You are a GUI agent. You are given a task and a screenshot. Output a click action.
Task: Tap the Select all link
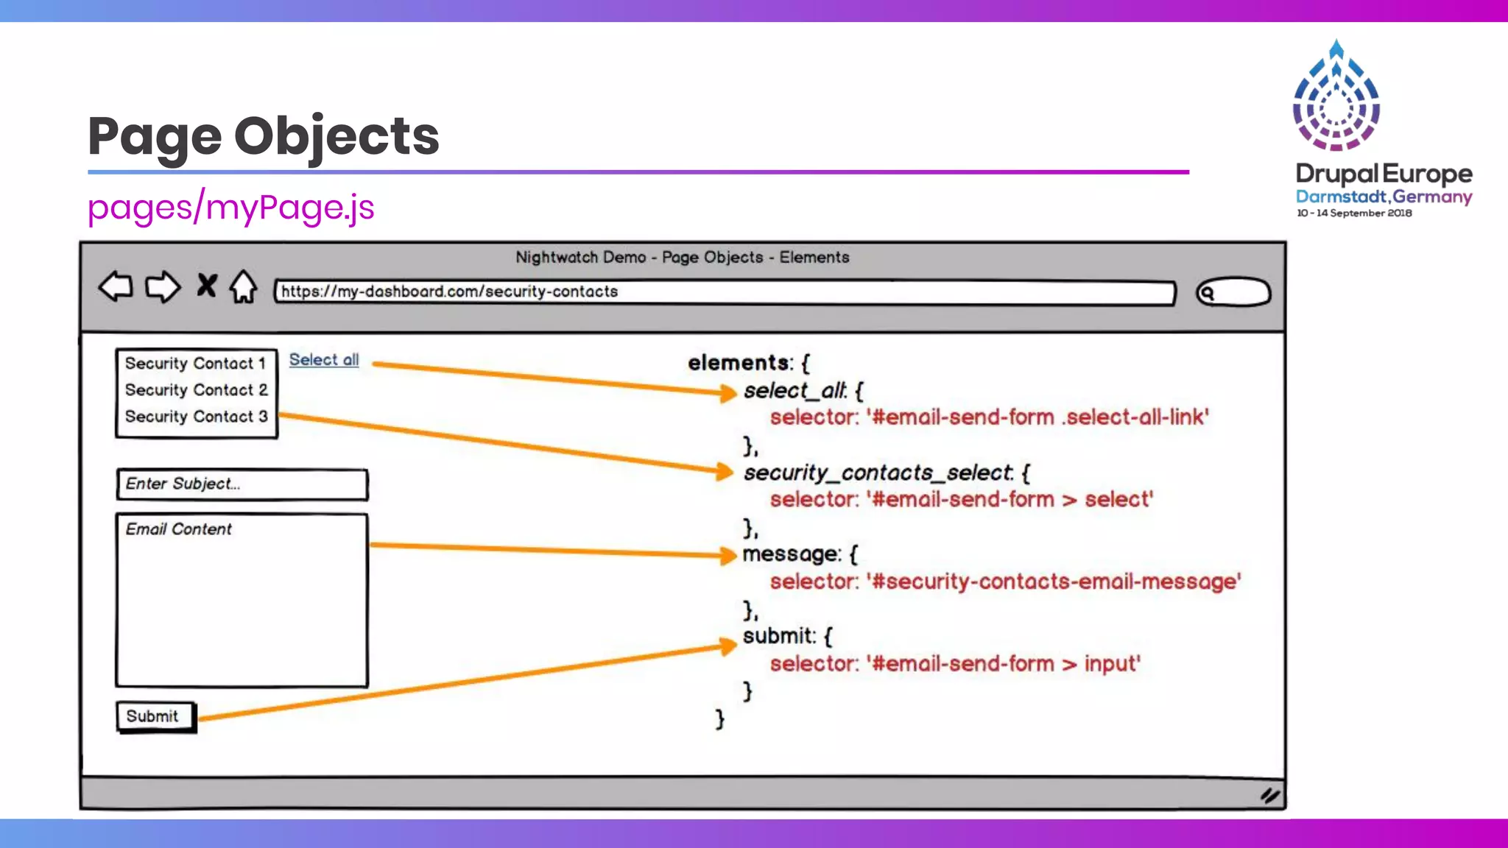point(324,360)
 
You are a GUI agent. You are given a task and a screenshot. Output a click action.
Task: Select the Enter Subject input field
point(242,484)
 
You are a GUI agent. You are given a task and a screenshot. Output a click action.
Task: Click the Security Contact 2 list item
point(196,390)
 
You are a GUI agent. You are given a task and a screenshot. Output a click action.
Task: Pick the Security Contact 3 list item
point(196,417)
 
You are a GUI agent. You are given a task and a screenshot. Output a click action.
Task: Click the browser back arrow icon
point(116,286)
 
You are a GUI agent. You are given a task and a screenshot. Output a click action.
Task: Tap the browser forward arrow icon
point(162,287)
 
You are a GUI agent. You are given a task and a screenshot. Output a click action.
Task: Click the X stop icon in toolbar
point(207,286)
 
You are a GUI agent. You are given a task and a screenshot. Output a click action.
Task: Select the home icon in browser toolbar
point(243,287)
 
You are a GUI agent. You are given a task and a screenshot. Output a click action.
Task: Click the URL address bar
point(725,292)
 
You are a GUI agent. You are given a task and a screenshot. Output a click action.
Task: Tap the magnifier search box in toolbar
point(1233,293)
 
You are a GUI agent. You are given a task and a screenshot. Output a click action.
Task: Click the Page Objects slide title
point(263,136)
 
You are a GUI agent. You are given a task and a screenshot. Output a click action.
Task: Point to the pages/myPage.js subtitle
point(230,208)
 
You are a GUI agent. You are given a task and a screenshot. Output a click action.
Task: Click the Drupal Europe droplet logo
point(1336,96)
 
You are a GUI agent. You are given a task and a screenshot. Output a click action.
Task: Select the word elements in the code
point(739,363)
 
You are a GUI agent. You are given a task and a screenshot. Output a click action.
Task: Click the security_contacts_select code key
point(878,473)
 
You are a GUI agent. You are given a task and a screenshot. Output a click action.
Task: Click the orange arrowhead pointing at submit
point(727,646)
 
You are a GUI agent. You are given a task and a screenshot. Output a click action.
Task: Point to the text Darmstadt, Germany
point(1384,197)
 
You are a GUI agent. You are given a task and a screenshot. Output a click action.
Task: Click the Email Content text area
point(242,600)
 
